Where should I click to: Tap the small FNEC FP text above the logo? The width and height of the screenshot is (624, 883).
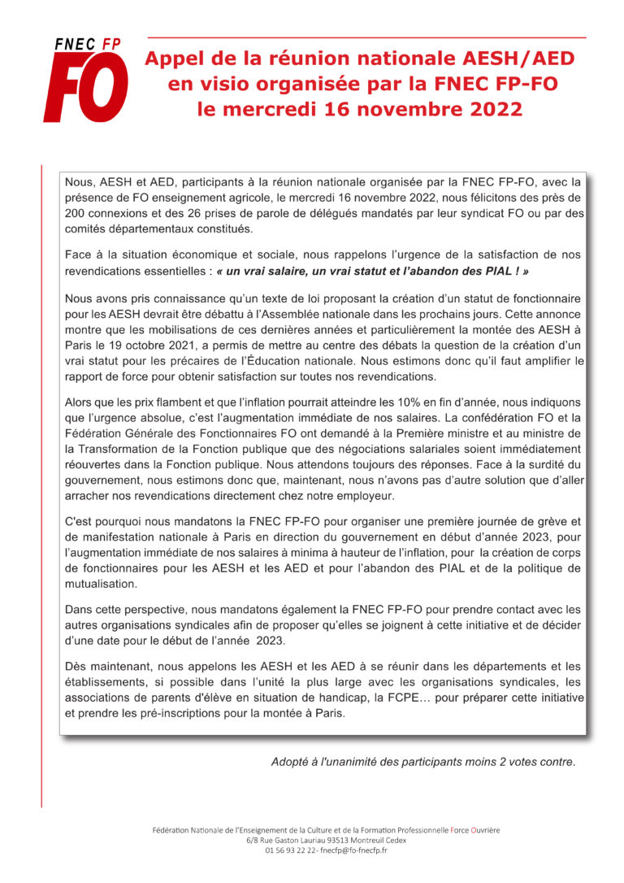pos(88,45)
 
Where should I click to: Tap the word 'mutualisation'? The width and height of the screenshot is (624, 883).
pos(102,584)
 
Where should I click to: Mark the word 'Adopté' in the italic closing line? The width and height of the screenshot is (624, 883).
pos(290,762)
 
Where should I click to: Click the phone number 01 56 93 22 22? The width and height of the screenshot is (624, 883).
pos(292,850)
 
